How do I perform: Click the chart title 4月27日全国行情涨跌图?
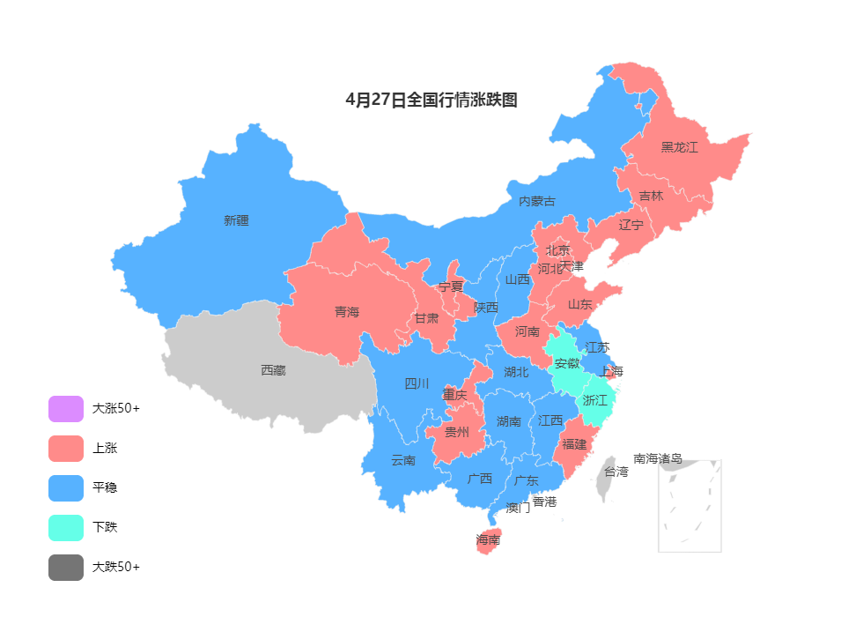(431, 100)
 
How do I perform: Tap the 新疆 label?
(236, 220)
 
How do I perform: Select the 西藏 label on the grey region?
(273, 370)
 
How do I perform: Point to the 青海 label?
(347, 312)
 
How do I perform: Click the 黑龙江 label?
(679, 147)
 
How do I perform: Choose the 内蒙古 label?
(537, 201)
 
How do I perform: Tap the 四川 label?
(417, 383)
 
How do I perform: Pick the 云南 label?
(403, 460)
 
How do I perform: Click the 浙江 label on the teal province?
(595, 400)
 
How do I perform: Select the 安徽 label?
(567, 363)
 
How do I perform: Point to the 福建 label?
(574, 444)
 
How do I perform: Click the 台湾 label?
(616, 472)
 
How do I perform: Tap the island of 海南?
(488, 539)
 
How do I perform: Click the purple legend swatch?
(66, 409)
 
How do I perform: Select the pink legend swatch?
(66, 449)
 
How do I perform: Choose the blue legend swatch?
(66, 488)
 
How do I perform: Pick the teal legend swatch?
(66, 528)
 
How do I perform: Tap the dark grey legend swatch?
(66, 568)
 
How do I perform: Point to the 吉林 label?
(652, 197)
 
